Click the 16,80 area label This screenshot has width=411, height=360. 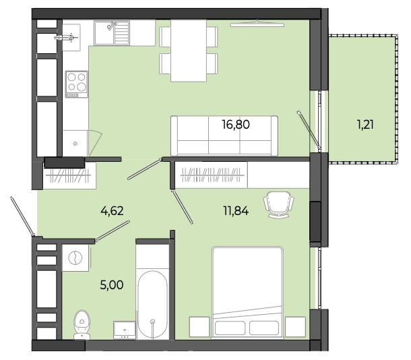[x=236, y=125]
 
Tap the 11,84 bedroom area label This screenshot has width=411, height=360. [x=236, y=210]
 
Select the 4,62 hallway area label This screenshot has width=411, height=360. [x=112, y=210]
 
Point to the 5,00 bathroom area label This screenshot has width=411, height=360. [x=112, y=284]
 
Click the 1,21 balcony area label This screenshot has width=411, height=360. [x=365, y=125]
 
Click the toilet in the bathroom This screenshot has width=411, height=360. [x=82, y=324]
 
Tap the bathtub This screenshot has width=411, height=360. [x=152, y=305]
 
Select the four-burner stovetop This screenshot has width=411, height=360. [x=77, y=84]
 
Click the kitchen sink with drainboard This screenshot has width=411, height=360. [x=112, y=33]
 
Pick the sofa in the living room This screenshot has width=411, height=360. [x=224, y=136]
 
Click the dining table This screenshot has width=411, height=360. [x=188, y=51]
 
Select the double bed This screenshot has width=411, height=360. [x=248, y=293]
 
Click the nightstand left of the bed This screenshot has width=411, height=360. [x=199, y=327]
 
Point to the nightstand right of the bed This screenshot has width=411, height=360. [x=295, y=327]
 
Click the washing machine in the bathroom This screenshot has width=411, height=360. [x=75, y=258]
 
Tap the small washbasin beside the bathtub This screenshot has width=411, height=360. [x=125, y=330]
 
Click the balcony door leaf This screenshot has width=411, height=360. [x=309, y=131]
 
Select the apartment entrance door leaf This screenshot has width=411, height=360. [x=22, y=216]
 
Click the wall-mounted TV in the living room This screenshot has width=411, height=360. [x=257, y=25]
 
